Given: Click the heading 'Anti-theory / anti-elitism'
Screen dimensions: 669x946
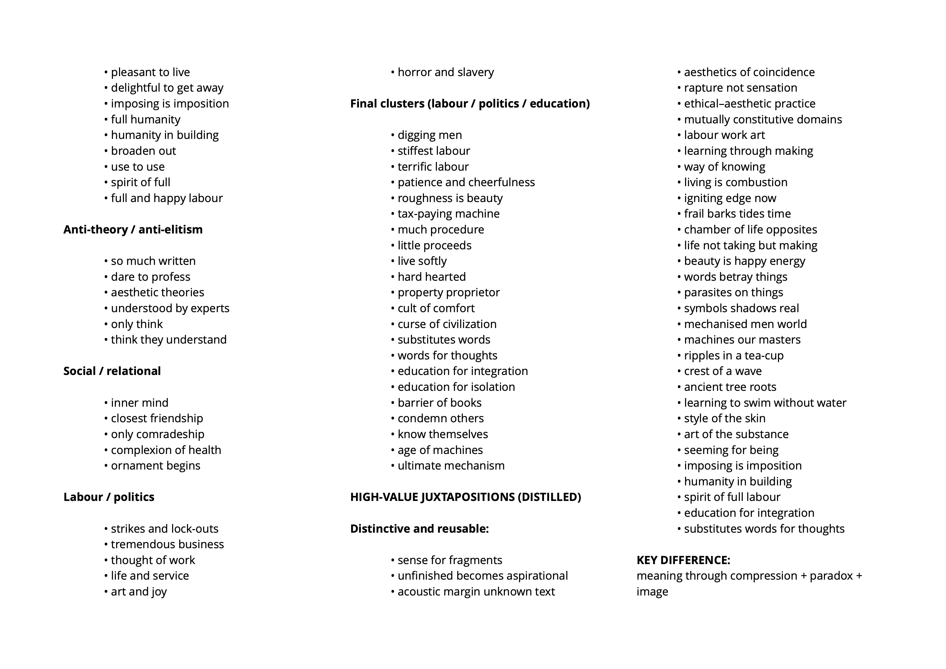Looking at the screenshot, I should pos(133,230).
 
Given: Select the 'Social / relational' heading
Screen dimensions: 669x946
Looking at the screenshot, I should pos(112,371).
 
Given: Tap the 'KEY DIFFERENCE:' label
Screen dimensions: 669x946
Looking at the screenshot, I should pos(683,560).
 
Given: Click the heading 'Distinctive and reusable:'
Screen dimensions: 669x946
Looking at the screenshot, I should pos(419,528).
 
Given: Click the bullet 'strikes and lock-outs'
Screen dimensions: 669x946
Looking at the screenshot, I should pos(164,528).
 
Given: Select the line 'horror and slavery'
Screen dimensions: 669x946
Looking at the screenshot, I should pos(445,72).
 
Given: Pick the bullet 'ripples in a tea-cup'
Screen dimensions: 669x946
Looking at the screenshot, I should pos(733,355).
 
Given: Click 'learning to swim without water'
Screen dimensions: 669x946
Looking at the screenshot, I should pos(765,403).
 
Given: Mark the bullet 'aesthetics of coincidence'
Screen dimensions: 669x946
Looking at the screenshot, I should pos(749,72).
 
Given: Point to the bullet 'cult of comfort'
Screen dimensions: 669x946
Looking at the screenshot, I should pos(436,308).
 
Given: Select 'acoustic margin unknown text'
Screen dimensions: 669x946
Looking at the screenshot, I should pos(476,592).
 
